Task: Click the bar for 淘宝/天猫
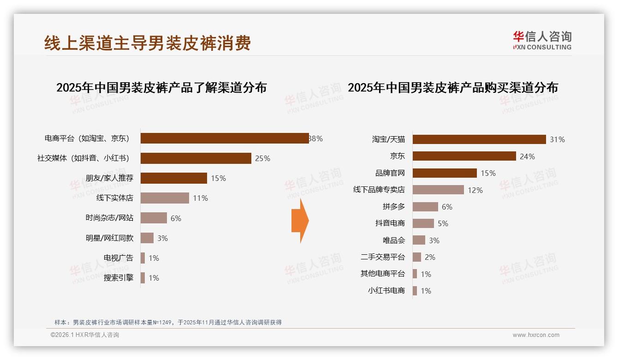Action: click(479, 139)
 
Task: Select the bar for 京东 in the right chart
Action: click(464, 156)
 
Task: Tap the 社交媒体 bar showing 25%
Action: click(196, 158)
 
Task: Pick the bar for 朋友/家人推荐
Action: click(173, 178)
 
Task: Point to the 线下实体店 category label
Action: click(114, 198)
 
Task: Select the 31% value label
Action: click(557, 139)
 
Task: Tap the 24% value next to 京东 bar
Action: click(527, 156)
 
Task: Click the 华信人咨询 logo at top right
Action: click(542, 40)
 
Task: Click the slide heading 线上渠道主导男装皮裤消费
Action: click(148, 43)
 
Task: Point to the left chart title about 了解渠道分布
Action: click(161, 88)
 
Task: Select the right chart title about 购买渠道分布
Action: click(453, 88)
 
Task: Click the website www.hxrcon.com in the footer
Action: click(536, 335)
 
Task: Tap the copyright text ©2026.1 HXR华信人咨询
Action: click(85, 335)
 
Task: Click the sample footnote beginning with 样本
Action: click(168, 323)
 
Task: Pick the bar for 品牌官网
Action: click(445, 173)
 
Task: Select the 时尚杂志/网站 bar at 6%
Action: click(154, 218)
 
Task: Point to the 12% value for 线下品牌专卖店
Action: click(475, 190)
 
